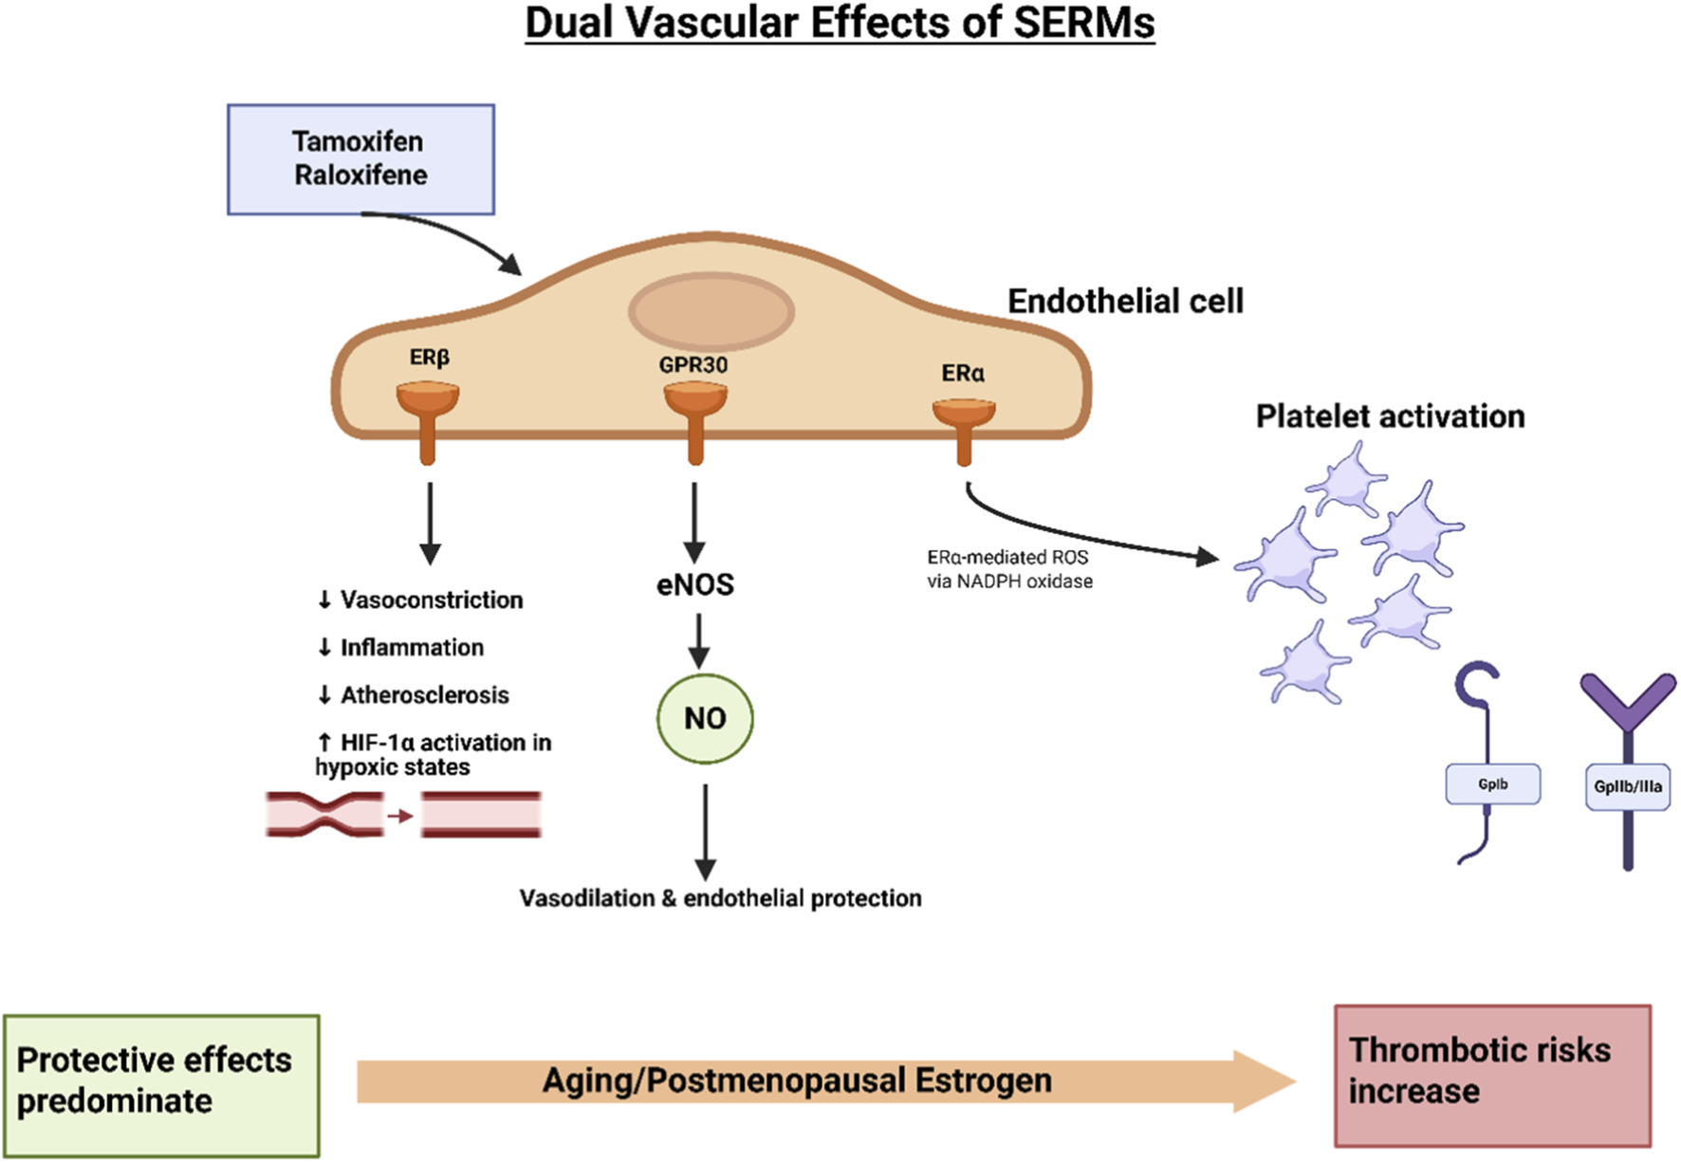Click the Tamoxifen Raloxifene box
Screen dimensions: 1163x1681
[x=360, y=159]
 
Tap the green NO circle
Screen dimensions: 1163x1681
[x=705, y=718]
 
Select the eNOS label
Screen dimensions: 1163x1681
[x=695, y=584]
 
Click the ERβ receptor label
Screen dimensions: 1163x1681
[x=429, y=358]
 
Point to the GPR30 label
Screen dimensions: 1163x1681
[x=693, y=365]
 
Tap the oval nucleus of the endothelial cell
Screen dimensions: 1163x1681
[x=711, y=311]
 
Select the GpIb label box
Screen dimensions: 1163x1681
[x=1492, y=785]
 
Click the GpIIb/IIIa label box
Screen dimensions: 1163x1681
[x=1627, y=787]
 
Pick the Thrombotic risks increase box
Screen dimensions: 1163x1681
[x=1492, y=1076]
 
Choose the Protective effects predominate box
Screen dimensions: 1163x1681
[x=161, y=1084]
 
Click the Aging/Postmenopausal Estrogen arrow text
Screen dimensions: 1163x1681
[x=797, y=1080]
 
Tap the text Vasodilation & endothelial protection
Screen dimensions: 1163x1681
[x=720, y=898]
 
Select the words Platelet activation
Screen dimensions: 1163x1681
[x=1390, y=416]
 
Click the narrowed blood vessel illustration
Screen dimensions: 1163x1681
[x=325, y=815]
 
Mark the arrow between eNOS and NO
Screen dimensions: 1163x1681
[x=698, y=640]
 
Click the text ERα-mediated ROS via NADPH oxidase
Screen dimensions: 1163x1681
[x=1009, y=569]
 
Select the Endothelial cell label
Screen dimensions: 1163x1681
[x=1125, y=302]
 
